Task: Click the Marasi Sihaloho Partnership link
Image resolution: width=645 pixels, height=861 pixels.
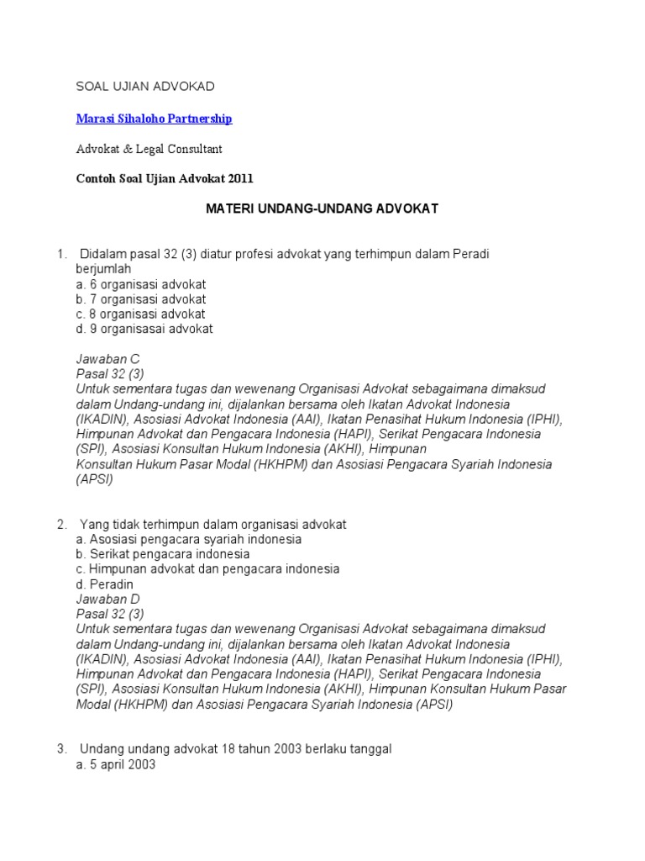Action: [x=154, y=119]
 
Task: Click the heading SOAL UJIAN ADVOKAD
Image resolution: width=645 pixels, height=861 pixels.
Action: [x=145, y=87]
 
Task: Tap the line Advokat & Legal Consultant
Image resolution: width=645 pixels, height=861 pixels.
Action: [x=149, y=149]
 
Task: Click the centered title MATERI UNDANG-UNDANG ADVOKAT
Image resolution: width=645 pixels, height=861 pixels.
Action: [x=322, y=208]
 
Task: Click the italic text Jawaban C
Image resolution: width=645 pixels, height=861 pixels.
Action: [x=107, y=359]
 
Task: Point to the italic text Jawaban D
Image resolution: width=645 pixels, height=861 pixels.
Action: [x=107, y=599]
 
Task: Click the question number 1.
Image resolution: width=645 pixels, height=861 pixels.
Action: [x=60, y=254]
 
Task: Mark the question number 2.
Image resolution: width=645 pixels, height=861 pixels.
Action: [x=61, y=524]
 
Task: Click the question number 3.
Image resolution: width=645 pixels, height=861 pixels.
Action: [x=61, y=748]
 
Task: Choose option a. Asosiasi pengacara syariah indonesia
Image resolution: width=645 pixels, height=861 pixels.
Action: [x=188, y=539]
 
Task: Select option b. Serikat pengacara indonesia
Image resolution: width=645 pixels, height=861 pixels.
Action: [x=162, y=554]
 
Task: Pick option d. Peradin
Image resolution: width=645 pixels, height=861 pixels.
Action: [x=104, y=584]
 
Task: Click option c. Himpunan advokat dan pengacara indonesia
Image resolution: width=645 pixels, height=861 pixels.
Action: [x=207, y=569]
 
